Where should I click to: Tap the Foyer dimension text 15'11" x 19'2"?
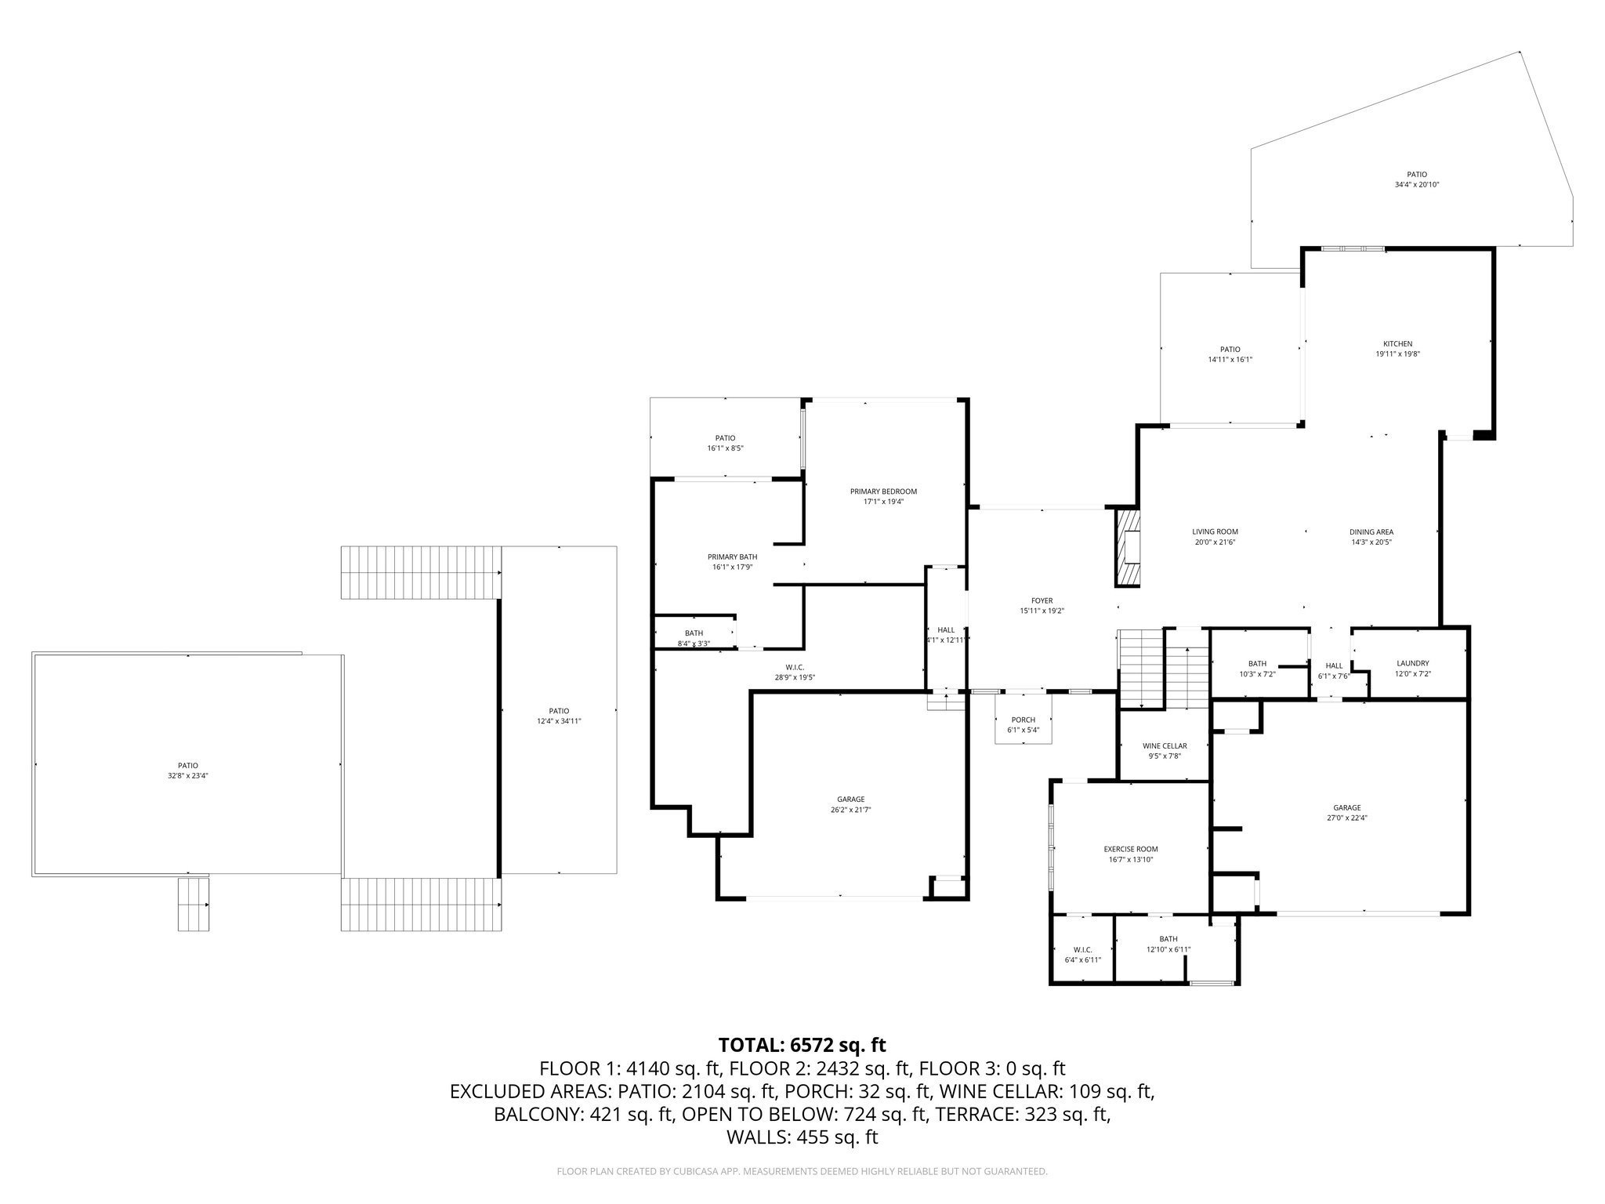(1042, 611)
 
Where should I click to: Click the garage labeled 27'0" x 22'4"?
(1346, 812)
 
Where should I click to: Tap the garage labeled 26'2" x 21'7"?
(850, 804)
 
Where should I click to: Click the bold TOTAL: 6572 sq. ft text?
(802, 1045)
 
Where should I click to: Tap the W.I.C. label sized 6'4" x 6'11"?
(1082, 954)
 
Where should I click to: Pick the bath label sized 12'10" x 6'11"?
(1168, 944)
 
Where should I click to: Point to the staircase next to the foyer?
(1142, 668)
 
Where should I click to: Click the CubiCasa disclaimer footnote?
(802, 1172)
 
